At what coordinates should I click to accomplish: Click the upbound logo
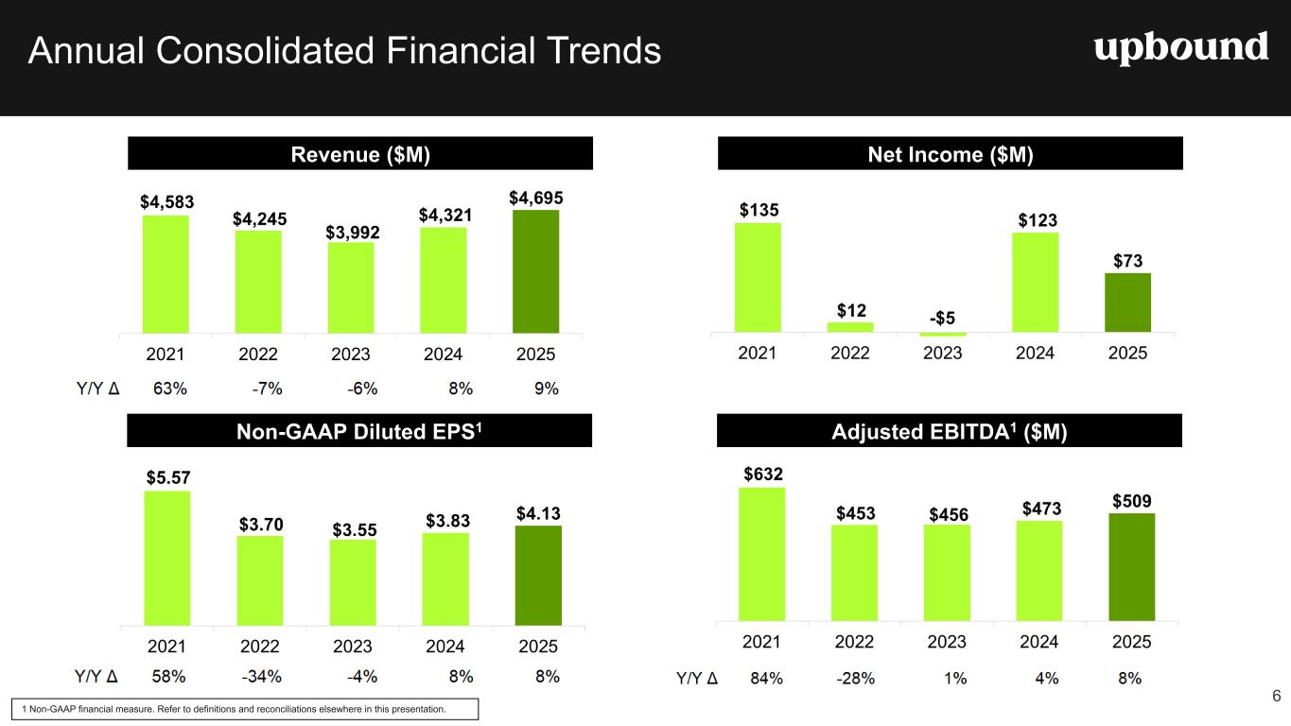[x=1181, y=48]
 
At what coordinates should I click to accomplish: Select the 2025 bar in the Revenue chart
[x=535, y=271]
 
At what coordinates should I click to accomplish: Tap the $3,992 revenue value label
[x=351, y=232]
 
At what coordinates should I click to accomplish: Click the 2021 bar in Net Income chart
[x=758, y=277]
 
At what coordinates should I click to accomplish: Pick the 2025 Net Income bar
[x=1127, y=302]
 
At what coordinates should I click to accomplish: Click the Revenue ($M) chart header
[x=359, y=153]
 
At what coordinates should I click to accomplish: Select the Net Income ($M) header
[x=951, y=153]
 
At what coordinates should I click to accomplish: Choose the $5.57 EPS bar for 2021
[x=167, y=558]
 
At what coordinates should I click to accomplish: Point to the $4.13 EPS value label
[x=538, y=513]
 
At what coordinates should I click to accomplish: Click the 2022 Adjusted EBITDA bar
[x=854, y=573]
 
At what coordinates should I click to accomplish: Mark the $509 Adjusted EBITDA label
[x=1131, y=500]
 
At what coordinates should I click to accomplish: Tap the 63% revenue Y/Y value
[x=168, y=388]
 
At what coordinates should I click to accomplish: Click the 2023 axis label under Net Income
[x=942, y=353]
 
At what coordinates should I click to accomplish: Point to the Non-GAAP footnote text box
[x=243, y=709]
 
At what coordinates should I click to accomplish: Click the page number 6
[x=1276, y=697]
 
